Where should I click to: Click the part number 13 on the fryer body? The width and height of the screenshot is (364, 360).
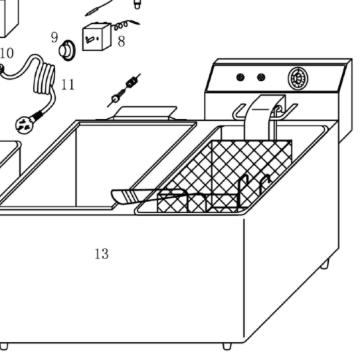click(x=102, y=254)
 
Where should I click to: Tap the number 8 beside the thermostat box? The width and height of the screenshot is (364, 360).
click(x=122, y=42)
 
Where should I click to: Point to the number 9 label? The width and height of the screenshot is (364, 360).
click(x=54, y=37)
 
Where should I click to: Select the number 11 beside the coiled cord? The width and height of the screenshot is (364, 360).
click(x=68, y=84)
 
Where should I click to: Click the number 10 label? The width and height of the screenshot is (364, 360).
click(x=7, y=53)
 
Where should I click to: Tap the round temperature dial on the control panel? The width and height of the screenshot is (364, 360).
click(x=298, y=78)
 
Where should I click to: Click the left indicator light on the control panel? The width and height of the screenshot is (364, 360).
click(x=240, y=77)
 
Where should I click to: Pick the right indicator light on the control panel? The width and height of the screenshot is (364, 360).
click(x=261, y=77)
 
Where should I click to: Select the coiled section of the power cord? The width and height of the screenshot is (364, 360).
click(x=45, y=76)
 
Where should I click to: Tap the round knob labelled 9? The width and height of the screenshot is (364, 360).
click(x=67, y=50)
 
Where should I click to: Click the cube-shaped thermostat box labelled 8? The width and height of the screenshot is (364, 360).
click(x=97, y=37)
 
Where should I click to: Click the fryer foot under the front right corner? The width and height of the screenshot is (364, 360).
click(x=227, y=346)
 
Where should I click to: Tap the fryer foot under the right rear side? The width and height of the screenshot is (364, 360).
click(x=325, y=264)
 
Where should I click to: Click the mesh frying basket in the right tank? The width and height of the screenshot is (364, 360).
click(x=225, y=177)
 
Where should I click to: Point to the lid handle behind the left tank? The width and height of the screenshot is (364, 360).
click(x=145, y=113)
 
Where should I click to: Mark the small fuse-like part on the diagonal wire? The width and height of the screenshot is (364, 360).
click(x=132, y=82)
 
